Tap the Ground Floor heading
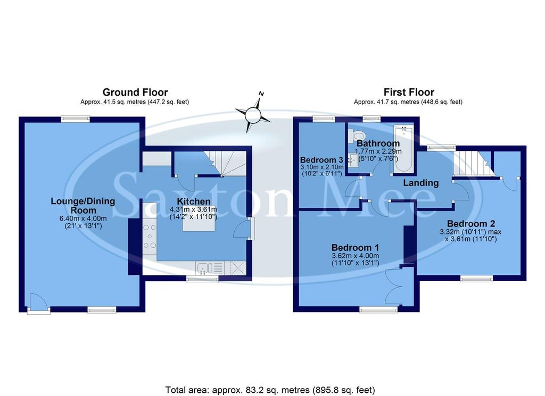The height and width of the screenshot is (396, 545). pyautogui.click(x=135, y=92)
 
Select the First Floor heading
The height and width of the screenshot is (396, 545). pyautogui.click(x=409, y=92)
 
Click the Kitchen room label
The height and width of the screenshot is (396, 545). pyautogui.click(x=194, y=201)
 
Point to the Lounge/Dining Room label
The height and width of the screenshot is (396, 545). pyautogui.click(x=82, y=206)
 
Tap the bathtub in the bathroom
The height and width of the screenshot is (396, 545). pyautogui.click(x=403, y=149)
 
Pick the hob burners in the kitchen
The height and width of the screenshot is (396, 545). pyautogui.click(x=150, y=237)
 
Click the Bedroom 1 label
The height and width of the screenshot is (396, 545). pyautogui.click(x=355, y=248)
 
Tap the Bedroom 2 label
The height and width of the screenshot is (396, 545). pyautogui.click(x=471, y=223)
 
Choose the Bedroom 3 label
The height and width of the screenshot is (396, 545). pyautogui.click(x=321, y=160)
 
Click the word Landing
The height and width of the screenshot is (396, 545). pyautogui.click(x=420, y=182)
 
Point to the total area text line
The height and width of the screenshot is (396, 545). pyautogui.click(x=270, y=390)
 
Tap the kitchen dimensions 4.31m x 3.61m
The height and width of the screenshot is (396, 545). pyautogui.click(x=193, y=209)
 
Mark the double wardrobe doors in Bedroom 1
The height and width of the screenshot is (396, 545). pyautogui.click(x=394, y=287)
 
